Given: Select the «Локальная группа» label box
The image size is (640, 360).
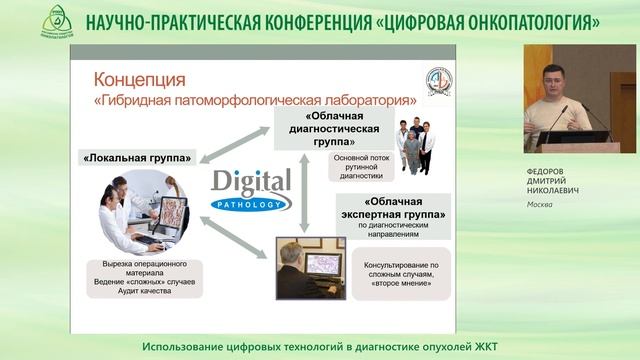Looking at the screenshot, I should tap(137, 157).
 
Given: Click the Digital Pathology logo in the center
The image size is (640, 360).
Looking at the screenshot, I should tap(251, 187).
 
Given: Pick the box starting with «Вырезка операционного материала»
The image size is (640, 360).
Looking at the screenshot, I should tap(139, 278).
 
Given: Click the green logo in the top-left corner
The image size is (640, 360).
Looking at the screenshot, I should tap(57, 20).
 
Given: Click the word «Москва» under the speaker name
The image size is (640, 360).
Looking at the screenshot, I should tap(541, 205).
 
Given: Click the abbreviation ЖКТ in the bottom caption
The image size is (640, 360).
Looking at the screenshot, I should tap(483, 346).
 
